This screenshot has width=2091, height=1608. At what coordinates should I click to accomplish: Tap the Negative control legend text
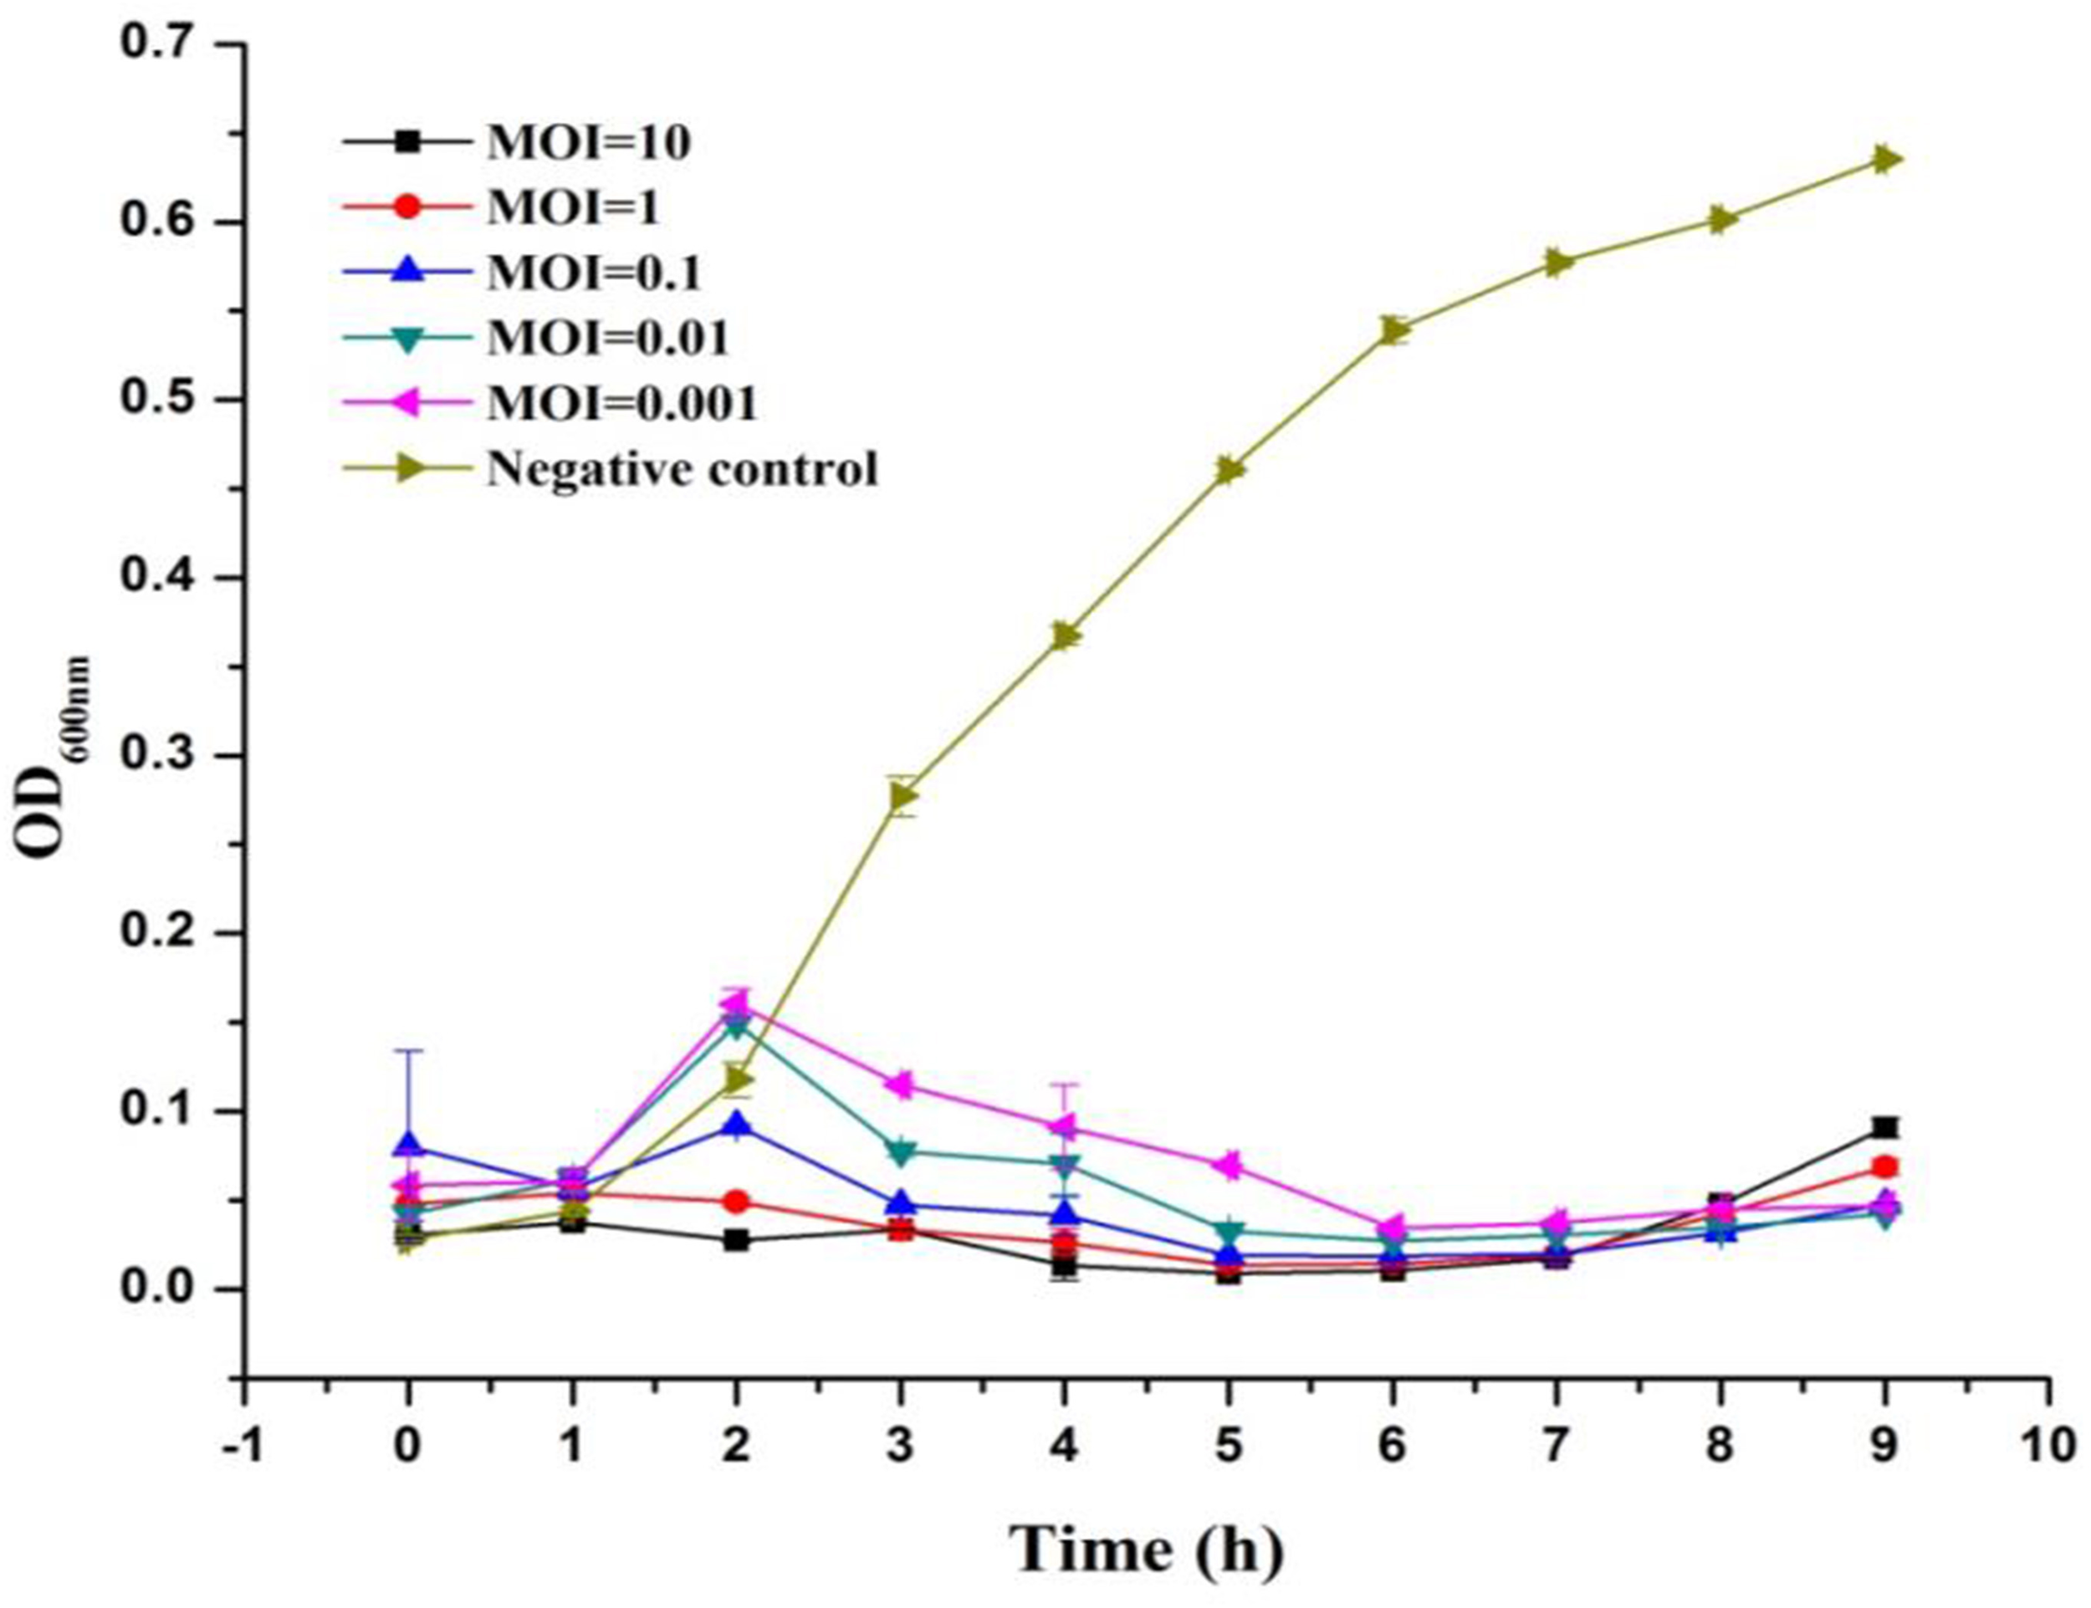tap(682, 469)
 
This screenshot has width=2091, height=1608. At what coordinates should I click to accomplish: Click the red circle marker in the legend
tap(409, 207)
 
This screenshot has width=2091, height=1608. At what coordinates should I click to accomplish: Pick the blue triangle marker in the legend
tap(409, 273)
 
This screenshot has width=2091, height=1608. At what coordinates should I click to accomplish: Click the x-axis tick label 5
tap(1229, 1447)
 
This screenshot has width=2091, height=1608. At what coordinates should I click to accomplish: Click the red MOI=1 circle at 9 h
tap(1885, 1167)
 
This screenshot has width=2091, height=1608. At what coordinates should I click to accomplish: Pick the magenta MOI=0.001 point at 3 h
tap(901, 1085)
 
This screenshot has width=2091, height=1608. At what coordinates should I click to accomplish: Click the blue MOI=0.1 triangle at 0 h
tap(409, 1144)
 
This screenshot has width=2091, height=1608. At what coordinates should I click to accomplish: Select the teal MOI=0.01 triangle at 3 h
tap(901, 1152)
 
